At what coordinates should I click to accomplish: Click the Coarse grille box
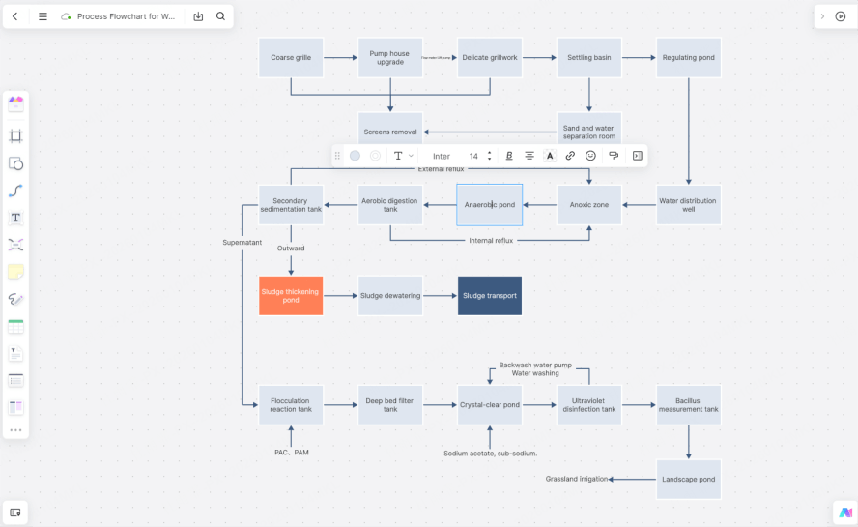[291, 58]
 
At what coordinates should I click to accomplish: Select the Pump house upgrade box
[390, 58]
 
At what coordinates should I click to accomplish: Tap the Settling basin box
[588, 58]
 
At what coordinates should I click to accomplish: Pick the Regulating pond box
[689, 58]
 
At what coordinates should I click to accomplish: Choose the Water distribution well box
[689, 205]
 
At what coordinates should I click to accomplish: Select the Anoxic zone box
[588, 205]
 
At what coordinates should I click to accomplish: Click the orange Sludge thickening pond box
[291, 296]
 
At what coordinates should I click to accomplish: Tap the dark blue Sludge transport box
[490, 296]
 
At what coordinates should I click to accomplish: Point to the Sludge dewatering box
[390, 296]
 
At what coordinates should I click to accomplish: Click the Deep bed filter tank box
[390, 404]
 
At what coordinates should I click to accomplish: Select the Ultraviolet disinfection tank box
[588, 404]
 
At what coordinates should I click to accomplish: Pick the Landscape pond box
[689, 479]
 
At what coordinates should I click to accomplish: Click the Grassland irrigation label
[577, 479]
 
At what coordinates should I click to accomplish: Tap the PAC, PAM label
[292, 453]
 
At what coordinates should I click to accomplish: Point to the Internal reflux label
[491, 240]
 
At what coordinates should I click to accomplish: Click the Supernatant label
[242, 242]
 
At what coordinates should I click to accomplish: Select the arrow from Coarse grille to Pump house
[340, 58]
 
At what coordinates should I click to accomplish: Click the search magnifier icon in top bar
[220, 16]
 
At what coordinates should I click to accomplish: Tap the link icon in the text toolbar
[570, 156]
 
